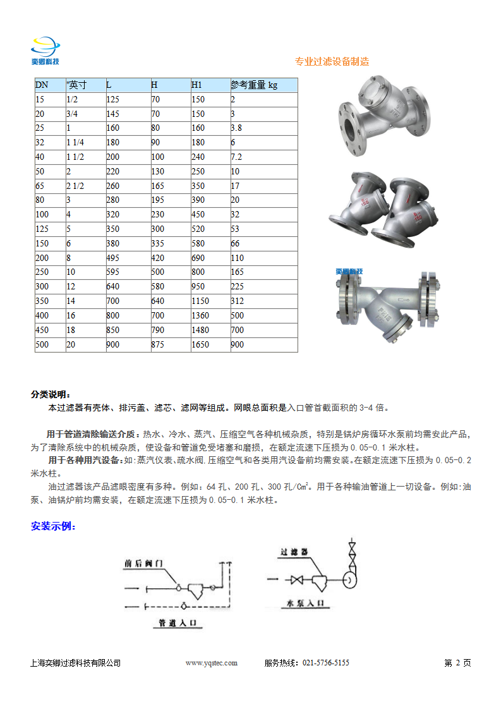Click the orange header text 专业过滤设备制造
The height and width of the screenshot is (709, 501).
[332, 61]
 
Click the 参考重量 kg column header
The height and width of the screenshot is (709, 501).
[254, 85]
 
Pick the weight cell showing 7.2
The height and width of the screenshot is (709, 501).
[236, 157]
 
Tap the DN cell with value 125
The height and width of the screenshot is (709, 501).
[42, 229]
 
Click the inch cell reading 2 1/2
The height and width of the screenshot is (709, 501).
[76, 186]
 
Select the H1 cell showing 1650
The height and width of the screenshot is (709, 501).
[200, 344]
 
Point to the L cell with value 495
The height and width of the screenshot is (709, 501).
[114, 258]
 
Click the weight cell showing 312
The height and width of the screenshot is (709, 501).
[237, 301]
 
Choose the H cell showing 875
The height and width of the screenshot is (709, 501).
[158, 344]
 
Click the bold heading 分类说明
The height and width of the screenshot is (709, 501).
[51, 394]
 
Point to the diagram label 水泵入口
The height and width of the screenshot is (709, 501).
[306, 603]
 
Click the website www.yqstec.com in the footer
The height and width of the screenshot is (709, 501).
[211, 663]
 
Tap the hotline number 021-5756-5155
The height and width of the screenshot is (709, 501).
[326, 663]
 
